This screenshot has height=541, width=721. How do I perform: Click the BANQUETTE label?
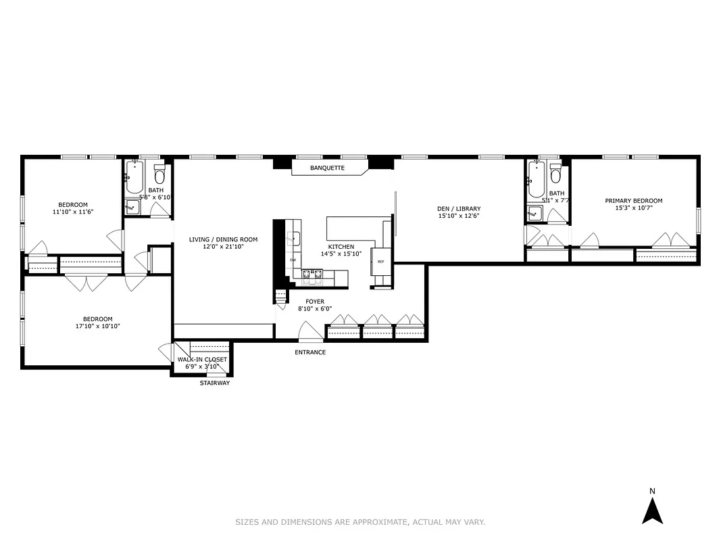[x=328, y=168]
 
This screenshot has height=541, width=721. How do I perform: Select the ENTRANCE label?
[x=310, y=352]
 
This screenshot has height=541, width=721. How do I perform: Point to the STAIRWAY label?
[x=214, y=383]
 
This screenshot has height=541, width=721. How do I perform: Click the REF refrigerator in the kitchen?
[x=380, y=262]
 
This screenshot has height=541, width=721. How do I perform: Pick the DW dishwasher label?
[x=293, y=260]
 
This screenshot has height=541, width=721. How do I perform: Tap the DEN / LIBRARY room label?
[x=459, y=209]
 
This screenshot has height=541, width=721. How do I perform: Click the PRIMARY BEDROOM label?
[x=633, y=201]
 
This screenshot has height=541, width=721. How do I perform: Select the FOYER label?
[x=315, y=302]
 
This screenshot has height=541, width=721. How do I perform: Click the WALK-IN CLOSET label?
[x=203, y=360]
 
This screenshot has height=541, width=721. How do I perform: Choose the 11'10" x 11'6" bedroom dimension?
[x=72, y=212]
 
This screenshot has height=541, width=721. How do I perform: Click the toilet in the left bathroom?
[x=159, y=175]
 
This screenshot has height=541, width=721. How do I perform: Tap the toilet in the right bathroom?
[x=555, y=174]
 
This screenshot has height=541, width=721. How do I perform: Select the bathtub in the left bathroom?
[x=133, y=178]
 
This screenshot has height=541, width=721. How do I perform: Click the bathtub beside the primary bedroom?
[x=536, y=179]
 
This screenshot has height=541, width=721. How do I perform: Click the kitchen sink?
[x=294, y=237]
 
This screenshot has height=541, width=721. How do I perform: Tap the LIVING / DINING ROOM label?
[x=223, y=239]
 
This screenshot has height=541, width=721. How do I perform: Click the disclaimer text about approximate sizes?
[x=360, y=522]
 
